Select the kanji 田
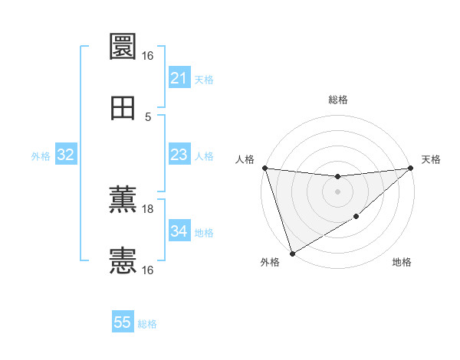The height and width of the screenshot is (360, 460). (x=123, y=107)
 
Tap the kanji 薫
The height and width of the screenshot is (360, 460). (x=123, y=198)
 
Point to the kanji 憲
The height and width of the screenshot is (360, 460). (x=123, y=260)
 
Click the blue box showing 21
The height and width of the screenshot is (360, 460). (x=179, y=78)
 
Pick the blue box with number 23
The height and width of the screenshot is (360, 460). (x=179, y=155)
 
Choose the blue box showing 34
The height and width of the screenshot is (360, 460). (x=179, y=231)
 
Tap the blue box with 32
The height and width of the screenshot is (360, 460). (x=66, y=155)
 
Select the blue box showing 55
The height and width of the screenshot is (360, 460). (x=123, y=322)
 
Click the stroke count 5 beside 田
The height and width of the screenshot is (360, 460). (x=148, y=117)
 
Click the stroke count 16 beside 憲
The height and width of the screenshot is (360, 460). (x=148, y=270)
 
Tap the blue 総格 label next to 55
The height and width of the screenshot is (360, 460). (x=147, y=324)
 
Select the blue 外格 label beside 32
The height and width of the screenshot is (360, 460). (x=41, y=156)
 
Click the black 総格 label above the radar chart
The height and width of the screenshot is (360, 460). (x=338, y=100)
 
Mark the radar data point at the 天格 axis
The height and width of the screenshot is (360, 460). (x=411, y=168)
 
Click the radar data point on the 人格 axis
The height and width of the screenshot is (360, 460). (x=264, y=168)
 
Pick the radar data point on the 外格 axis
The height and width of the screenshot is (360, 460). (x=292, y=253)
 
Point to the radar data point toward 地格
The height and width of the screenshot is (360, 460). (x=356, y=218)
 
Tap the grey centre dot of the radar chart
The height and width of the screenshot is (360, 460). (x=337, y=191)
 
